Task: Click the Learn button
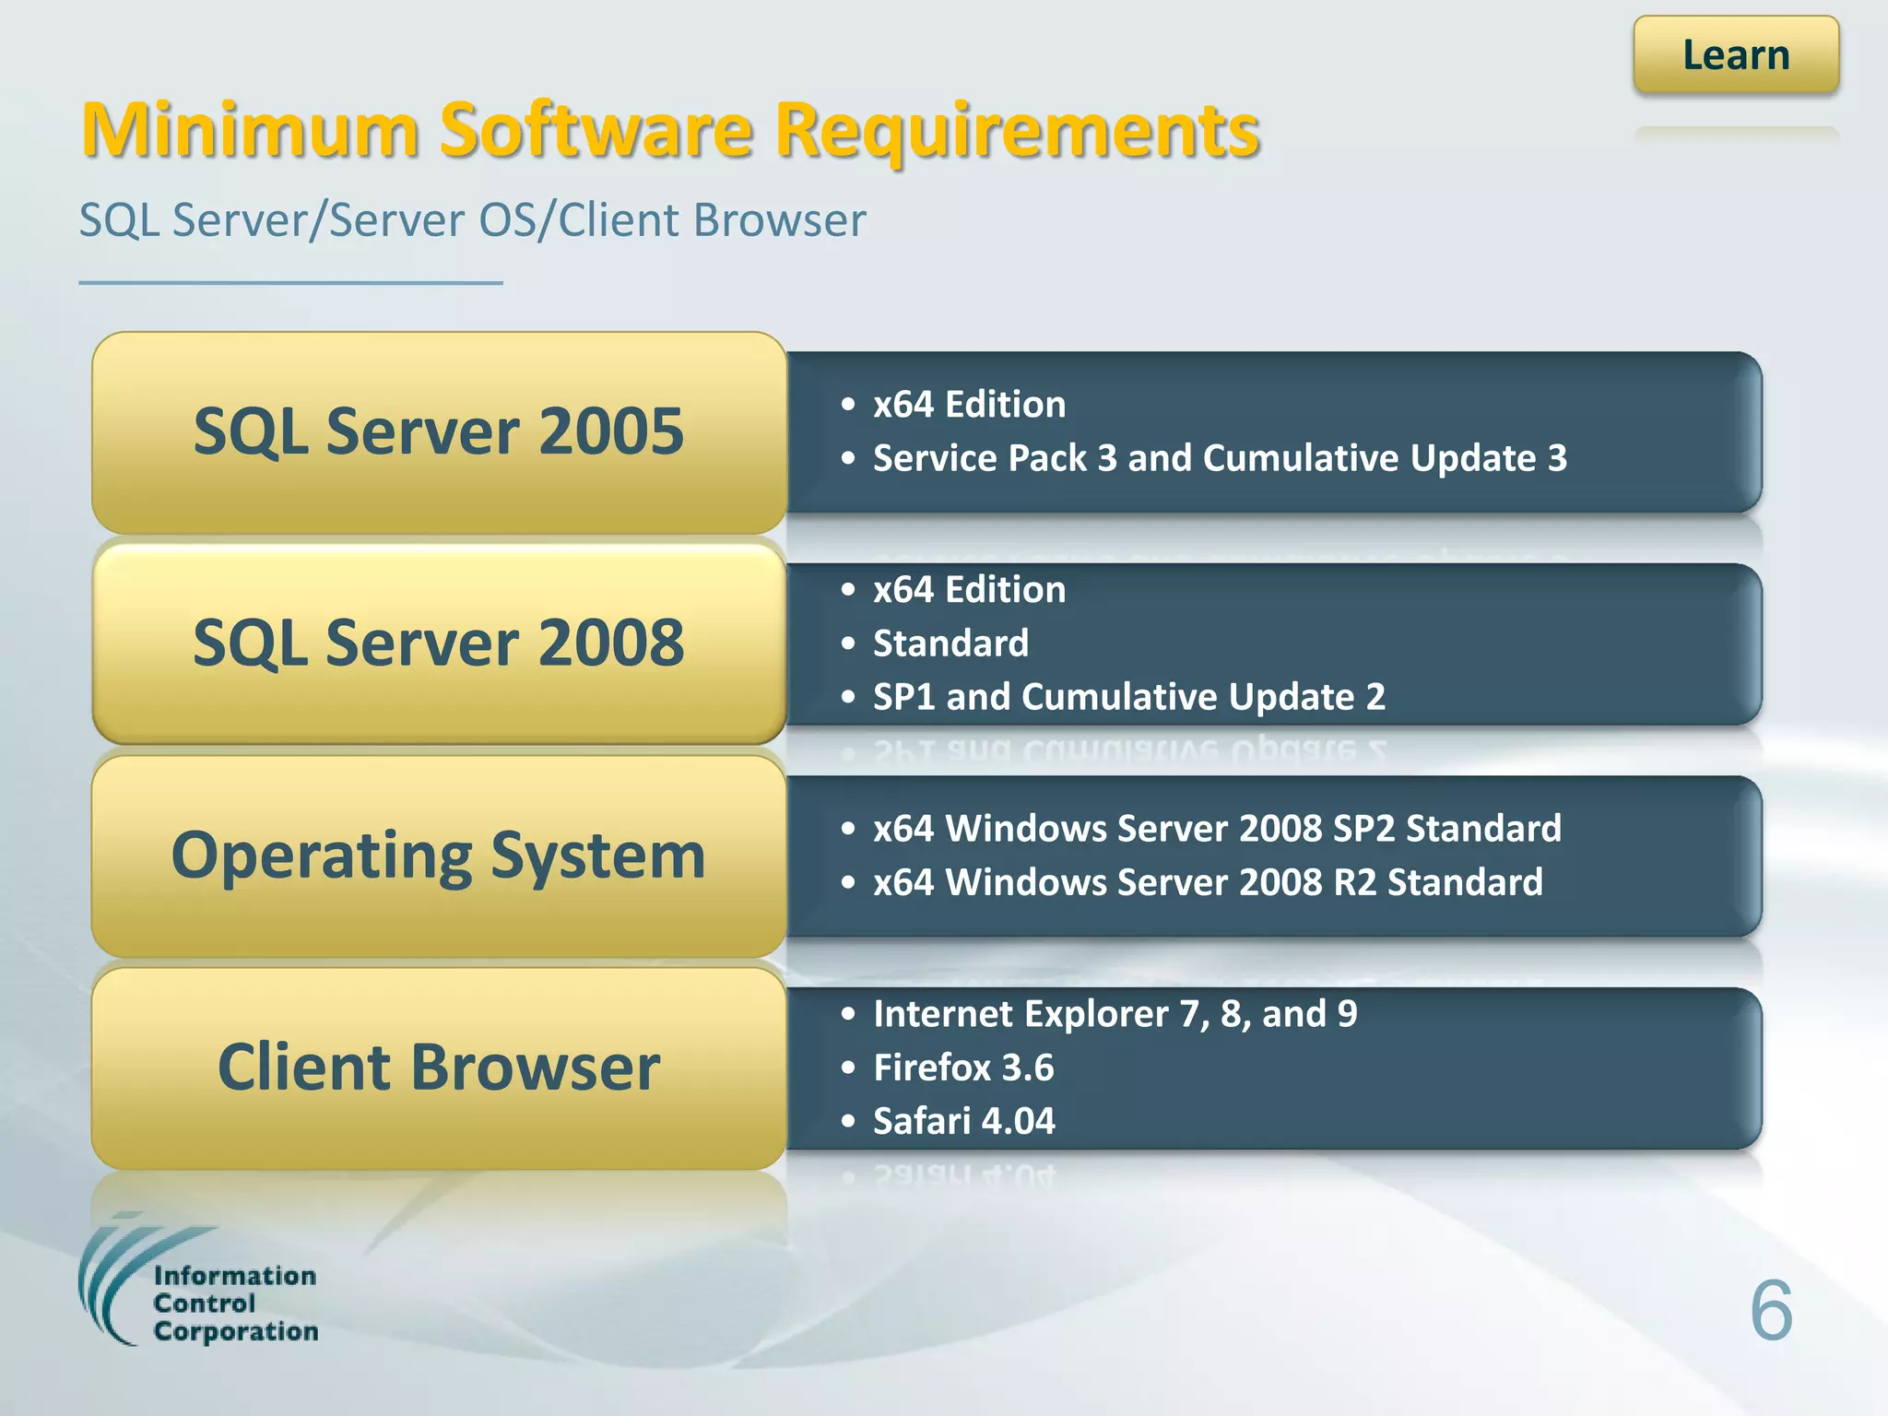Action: pyautogui.click(x=1735, y=55)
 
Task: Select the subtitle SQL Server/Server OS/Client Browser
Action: pyautogui.click(x=472, y=220)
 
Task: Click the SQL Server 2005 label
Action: pyautogui.click(x=439, y=431)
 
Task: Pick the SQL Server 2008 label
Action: pyautogui.click(x=439, y=643)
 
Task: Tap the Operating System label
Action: pyautogui.click(x=439, y=855)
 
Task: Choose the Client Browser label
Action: pyautogui.click(x=439, y=1067)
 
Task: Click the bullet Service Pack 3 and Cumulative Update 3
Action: pyautogui.click(x=1219, y=458)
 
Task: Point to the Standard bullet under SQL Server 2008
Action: pyautogui.click(x=950, y=643)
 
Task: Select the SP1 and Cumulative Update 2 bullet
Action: pyautogui.click(x=1128, y=697)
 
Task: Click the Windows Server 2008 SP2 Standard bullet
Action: pyautogui.click(x=1217, y=829)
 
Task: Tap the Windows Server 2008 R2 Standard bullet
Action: pyautogui.click(x=1208, y=882)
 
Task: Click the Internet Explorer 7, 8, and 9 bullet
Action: pyautogui.click(x=1114, y=1014)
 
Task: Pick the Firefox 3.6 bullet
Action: pyautogui.click(x=962, y=1068)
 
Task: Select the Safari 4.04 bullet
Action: pyautogui.click(x=962, y=1121)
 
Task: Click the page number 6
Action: pyautogui.click(x=1770, y=1310)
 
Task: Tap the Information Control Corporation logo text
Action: pyautogui.click(x=234, y=1304)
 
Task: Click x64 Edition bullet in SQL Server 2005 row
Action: pyautogui.click(x=968, y=405)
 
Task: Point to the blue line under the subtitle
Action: pyautogui.click(x=290, y=283)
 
